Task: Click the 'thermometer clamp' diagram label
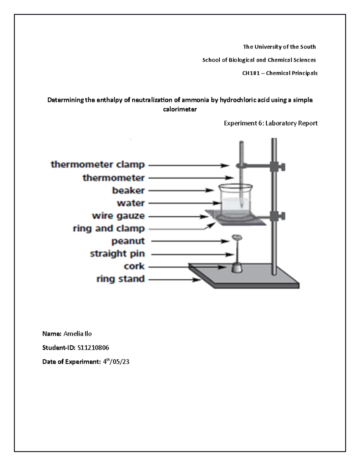98,165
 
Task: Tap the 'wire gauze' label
118,216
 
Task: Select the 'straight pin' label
117,254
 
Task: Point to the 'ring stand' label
120,279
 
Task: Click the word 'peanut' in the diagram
128,241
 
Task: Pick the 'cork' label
134,266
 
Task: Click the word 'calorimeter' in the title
180,110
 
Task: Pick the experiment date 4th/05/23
116,362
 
